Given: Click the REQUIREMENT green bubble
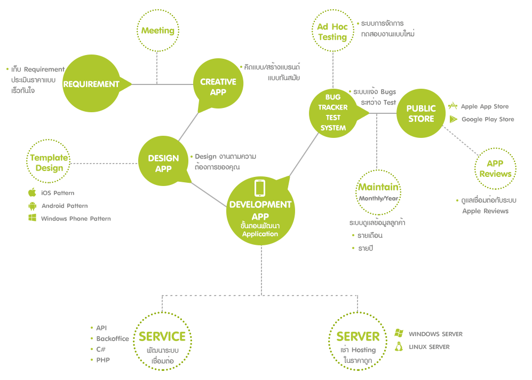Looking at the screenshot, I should [x=91, y=84].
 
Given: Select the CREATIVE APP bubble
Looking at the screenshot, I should [x=218, y=87].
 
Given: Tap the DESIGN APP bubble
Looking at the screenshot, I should [x=163, y=163].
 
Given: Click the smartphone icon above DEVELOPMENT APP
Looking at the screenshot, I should [x=260, y=188].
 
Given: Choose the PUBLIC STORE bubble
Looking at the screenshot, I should [x=421, y=113].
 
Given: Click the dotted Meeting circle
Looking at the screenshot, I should [x=157, y=30].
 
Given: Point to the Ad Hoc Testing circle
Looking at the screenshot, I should [x=332, y=32].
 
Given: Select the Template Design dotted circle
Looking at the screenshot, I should [x=49, y=162].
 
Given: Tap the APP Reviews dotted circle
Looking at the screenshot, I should [x=495, y=168].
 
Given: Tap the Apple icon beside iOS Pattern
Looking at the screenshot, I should [x=32, y=192].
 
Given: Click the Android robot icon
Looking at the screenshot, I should [x=32, y=206].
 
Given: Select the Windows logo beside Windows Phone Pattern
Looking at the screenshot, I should [x=32, y=218].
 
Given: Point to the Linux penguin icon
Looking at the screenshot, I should [x=398, y=347].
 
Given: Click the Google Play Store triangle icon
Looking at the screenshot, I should [x=453, y=119].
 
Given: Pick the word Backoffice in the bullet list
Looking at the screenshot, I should [x=113, y=339].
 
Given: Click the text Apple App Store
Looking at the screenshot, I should [x=485, y=106].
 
